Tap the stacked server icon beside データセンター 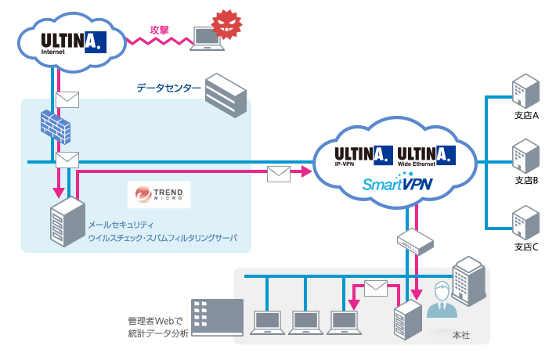pos(225,95)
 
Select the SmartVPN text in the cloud pos(397,184)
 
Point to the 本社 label pos(461,334)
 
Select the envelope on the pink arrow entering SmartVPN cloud pos(280,173)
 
